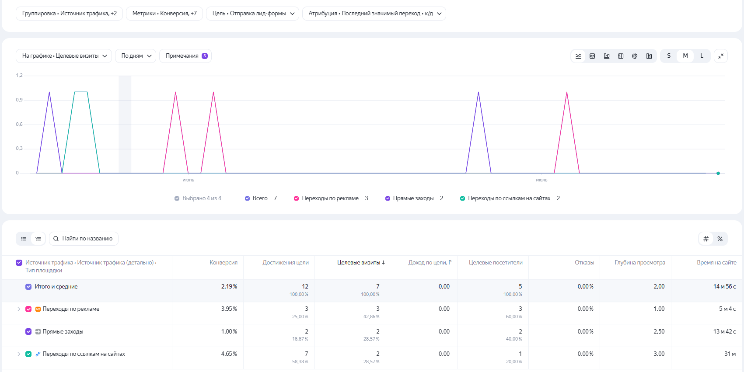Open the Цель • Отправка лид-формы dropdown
(x=252, y=14)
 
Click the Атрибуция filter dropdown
(x=374, y=14)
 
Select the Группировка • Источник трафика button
(x=69, y=14)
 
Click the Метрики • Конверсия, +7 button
(x=164, y=14)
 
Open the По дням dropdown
(x=136, y=56)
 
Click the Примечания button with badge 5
(x=185, y=56)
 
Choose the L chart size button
(x=702, y=56)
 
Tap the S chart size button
(x=669, y=56)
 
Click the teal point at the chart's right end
(x=718, y=173)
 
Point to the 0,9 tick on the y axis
(x=19, y=100)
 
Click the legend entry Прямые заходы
(x=413, y=198)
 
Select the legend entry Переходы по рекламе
(x=331, y=198)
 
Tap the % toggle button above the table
(x=720, y=239)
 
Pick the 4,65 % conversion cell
(x=229, y=354)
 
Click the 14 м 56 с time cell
(x=724, y=286)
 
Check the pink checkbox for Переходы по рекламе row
(x=28, y=309)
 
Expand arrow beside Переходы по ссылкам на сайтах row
(x=19, y=354)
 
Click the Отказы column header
(x=584, y=262)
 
